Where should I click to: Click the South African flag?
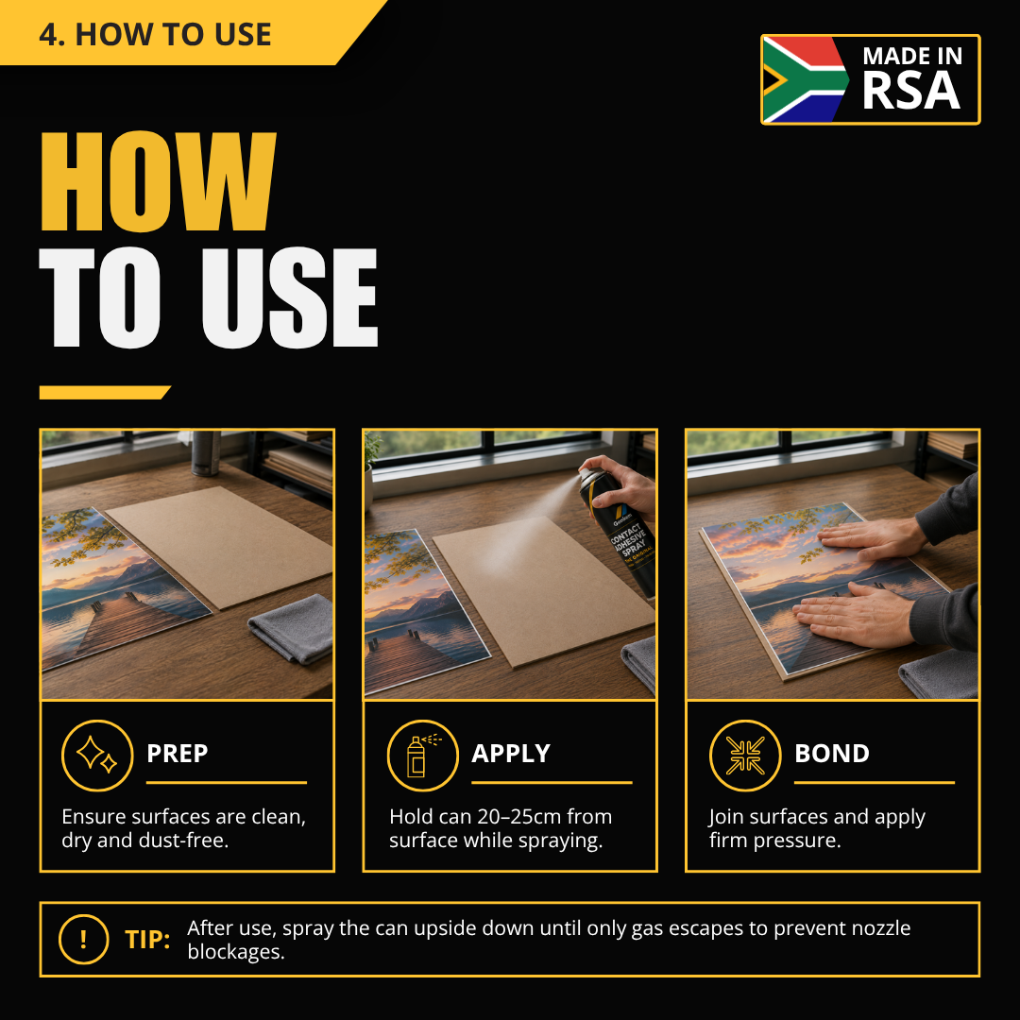click(x=806, y=79)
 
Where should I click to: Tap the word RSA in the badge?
click(x=910, y=91)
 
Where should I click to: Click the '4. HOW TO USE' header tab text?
click(x=155, y=34)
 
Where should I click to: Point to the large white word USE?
click(x=290, y=297)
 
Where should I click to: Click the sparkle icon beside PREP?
click(x=97, y=756)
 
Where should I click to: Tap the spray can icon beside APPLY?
click(x=423, y=756)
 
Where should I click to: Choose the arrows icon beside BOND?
click(x=745, y=756)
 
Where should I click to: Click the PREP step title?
click(x=177, y=754)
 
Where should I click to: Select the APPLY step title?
click(x=511, y=754)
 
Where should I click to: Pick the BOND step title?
click(x=832, y=754)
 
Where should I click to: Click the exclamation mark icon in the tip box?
click(x=83, y=940)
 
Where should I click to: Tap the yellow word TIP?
click(x=147, y=940)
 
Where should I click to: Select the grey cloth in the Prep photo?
click(x=292, y=628)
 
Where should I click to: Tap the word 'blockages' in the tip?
click(x=234, y=952)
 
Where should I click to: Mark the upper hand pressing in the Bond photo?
click(x=872, y=540)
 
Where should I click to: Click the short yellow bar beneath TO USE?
click(x=105, y=392)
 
